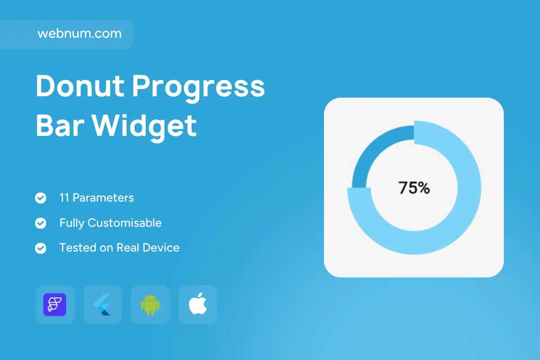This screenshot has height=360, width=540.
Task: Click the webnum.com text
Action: pyautogui.click(x=80, y=33)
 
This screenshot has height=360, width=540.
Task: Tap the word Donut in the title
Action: pyautogui.click(x=80, y=86)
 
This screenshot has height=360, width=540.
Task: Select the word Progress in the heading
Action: pyautogui.click(x=198, y=89)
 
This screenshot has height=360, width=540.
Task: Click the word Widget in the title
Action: pyautogui.click(x=144, y=128)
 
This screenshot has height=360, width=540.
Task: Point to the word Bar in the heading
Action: pyautogui.click(x=60, y=126)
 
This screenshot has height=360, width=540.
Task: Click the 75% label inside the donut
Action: pyautogui.click(x=414, y=188)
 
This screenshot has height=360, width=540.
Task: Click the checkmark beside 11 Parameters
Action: pyautogui.click(x=40, y=198)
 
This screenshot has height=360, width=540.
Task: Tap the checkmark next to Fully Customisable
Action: pyautogui.click(x=40, y=223)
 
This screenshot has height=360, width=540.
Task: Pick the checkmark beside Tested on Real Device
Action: pyautogui.click(x=40, y=248)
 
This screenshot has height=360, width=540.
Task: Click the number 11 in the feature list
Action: pyautogui.click(x=64, y=198)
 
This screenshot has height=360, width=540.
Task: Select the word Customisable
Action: pyautogui.click(x=125, y=223)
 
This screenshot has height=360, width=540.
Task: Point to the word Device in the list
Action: pyautogui.click(x=161, y=247)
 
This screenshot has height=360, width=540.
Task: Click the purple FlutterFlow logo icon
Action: pyautogui.click(x=55, y=305)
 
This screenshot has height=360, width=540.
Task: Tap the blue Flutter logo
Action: pyautogui.click(x=102, y=305)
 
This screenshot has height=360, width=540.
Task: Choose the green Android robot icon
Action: pyautogui.click(x=150, y=305)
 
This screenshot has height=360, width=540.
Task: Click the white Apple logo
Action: pyautogui.click(x=198, y=304)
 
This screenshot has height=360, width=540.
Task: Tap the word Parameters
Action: pyautogui.click(x=103, y=198)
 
